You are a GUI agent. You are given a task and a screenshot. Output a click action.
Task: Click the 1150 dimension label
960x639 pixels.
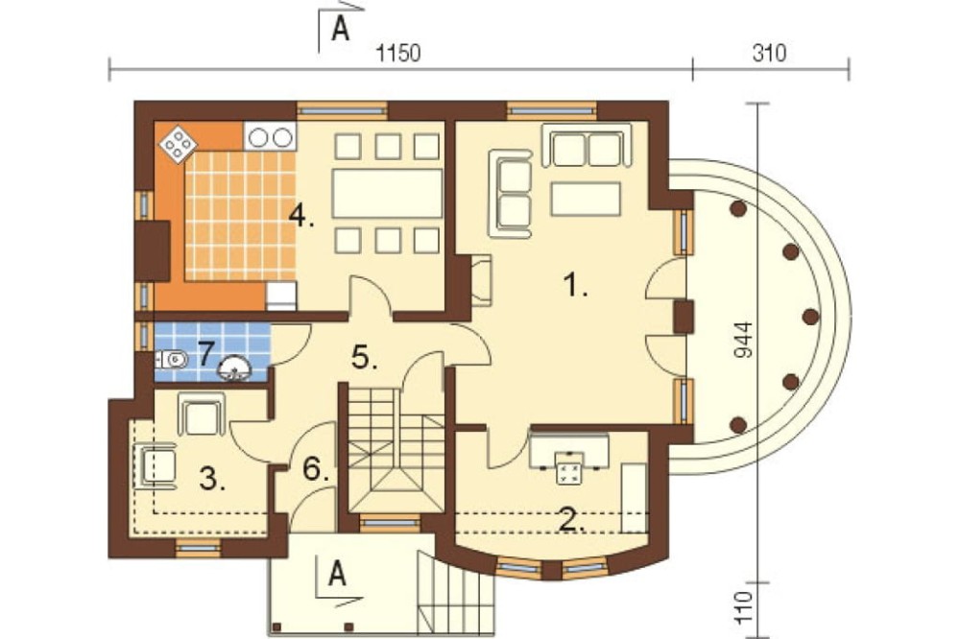[398, 54]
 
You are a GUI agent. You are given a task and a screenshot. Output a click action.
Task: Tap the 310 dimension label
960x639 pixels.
[769, 54]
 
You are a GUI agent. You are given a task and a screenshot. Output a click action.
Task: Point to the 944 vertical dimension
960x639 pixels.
[742, 340]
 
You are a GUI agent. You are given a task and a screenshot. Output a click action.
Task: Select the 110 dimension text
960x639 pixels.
[742, 607]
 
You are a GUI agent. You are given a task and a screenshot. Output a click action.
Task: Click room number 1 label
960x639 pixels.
[574, 285]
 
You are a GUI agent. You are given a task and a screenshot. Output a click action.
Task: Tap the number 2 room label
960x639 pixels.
[571, 520]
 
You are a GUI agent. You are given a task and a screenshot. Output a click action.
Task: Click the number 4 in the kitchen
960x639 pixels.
[300, 216]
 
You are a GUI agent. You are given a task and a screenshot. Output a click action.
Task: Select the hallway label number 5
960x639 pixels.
[364, 358]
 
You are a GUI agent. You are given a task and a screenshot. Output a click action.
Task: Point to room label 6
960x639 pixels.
[316, 470]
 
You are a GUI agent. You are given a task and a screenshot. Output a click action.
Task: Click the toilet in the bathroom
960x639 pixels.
[172, 359]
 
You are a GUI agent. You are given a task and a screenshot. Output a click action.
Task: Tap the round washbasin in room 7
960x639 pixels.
[236, 367]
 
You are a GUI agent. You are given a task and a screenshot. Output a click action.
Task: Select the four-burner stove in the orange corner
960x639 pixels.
[179, 145]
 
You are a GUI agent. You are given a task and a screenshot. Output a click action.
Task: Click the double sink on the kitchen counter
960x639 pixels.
[270, 137]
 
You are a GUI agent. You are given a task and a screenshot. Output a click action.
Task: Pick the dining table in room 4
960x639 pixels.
[387, 194]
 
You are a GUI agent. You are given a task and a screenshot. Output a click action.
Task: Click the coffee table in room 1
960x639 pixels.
[586, 199]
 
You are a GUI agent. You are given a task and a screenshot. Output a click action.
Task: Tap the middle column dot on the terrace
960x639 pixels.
[810, 317]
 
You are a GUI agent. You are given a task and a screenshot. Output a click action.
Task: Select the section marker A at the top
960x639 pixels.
[341, 29]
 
